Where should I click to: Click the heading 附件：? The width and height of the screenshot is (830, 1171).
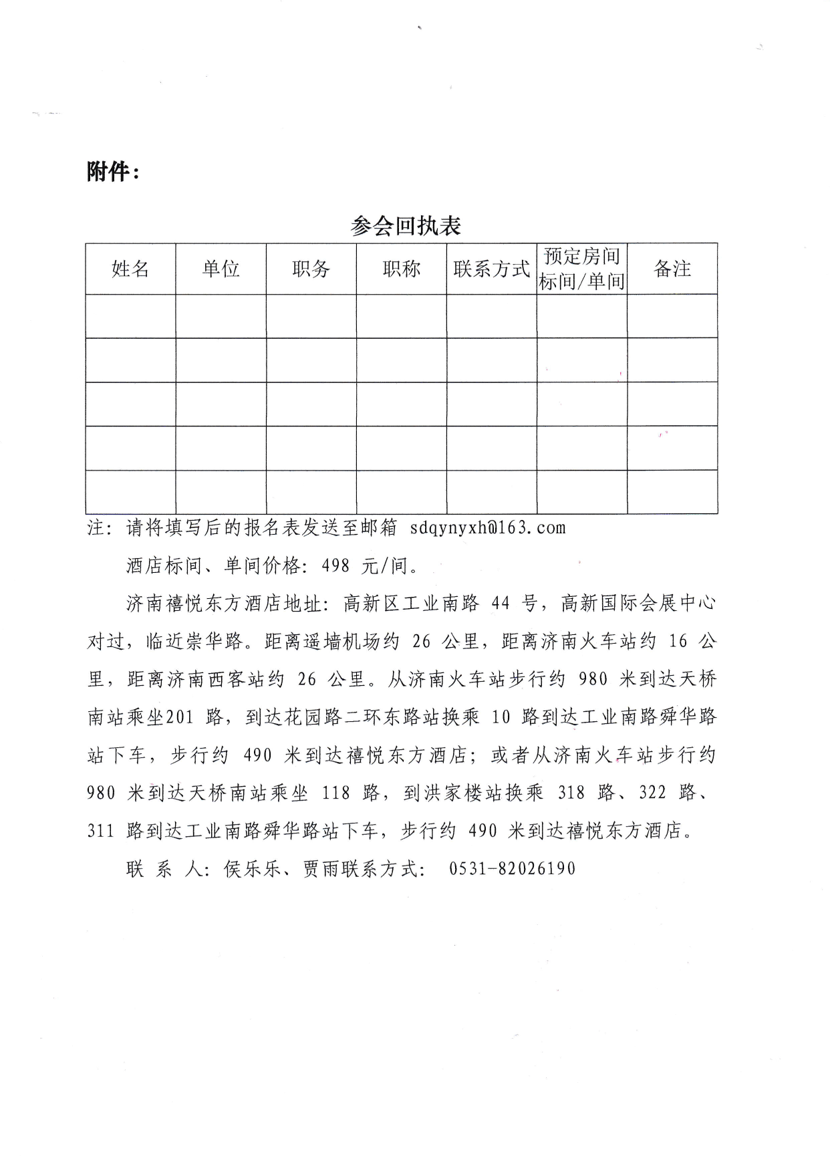point(113,172)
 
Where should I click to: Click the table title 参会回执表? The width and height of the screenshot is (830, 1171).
point(406,226)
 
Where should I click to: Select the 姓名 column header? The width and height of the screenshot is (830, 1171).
point(130,269)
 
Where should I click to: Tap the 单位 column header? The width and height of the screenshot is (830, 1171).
point(221,269)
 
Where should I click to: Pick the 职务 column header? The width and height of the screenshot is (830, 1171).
point(311,269)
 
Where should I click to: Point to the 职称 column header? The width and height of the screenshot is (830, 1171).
point(401,269)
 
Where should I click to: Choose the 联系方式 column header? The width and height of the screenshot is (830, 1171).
point(491,269)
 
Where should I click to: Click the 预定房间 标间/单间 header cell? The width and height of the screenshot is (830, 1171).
point(581,269)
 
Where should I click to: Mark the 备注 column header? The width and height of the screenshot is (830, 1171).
point(672,269)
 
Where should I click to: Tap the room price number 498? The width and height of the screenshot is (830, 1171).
point(335,565)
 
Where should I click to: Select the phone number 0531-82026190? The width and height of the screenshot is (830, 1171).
point(512,868)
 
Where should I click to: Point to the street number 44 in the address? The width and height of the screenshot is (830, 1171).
point(501,604)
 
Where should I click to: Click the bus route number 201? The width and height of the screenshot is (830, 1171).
point(179,717)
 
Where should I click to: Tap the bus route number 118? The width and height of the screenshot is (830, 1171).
point(335,793)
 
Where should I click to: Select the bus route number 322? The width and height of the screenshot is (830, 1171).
point(652,793)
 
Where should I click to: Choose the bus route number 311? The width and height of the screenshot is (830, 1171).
point(100,831)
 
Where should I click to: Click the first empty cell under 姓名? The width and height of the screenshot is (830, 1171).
point(130,316)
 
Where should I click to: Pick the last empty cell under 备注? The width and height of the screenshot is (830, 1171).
point(672,491)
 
